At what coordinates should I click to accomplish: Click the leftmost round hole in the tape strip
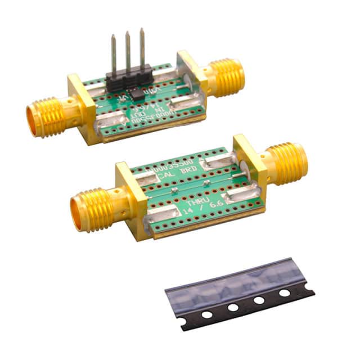(x=207, y=314)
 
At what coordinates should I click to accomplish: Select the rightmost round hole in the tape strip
(x=285, y=292)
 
